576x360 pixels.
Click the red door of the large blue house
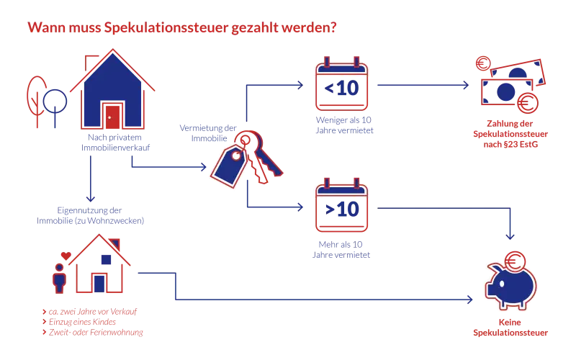(112, 115)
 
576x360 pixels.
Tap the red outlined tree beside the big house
(34, 94)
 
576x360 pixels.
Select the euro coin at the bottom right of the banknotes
(528, 104)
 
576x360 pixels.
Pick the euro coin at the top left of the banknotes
(482, 64)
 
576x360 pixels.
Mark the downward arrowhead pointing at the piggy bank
(510, 235)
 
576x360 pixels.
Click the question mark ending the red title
(333, 29)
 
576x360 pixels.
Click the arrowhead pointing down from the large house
(90, 198)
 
